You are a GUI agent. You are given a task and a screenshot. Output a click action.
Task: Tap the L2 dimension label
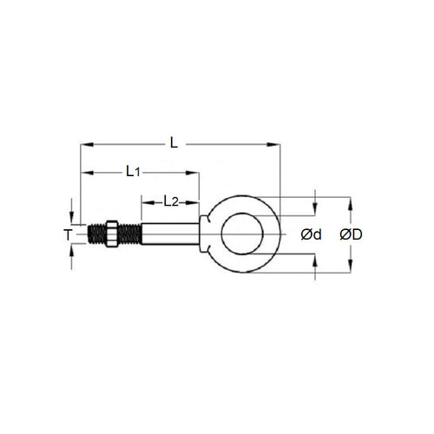[171, 201]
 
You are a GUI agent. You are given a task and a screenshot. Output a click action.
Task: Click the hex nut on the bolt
[108, 234]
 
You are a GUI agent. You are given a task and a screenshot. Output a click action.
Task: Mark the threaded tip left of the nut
[95, 234]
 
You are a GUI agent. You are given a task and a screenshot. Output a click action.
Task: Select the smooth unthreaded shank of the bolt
[169, 234]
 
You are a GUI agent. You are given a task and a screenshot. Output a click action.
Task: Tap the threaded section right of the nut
[128, 234]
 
